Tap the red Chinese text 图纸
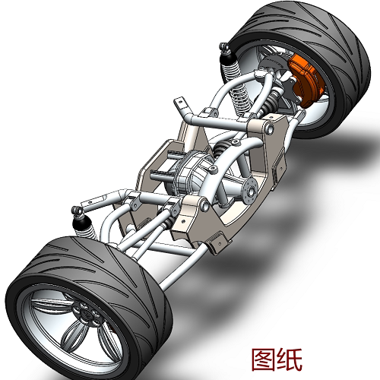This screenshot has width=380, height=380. tap(277, 358)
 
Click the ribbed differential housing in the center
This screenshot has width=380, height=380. tap(190, 176)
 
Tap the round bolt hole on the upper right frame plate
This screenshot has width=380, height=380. tap(271, 131)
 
